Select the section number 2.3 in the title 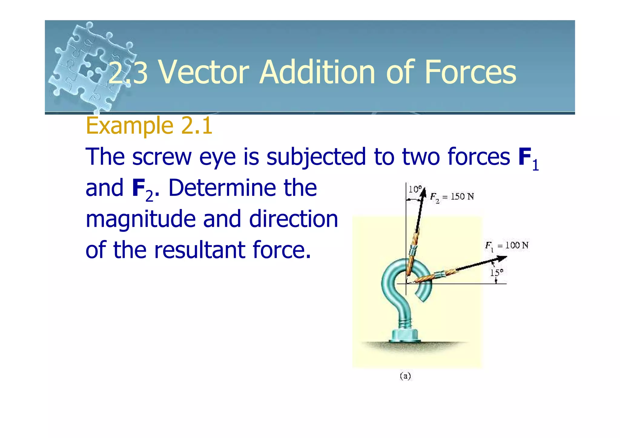click(128, 73)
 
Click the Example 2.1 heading click(149, 125)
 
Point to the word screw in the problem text click(162, 157)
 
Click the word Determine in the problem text click(221, 188)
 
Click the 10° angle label click(415, 189)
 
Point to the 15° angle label click(496, 273)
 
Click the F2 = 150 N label click(452, 197)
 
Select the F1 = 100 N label click(507, 245)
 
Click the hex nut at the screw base click(404, 335)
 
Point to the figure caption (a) click(405, 376)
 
